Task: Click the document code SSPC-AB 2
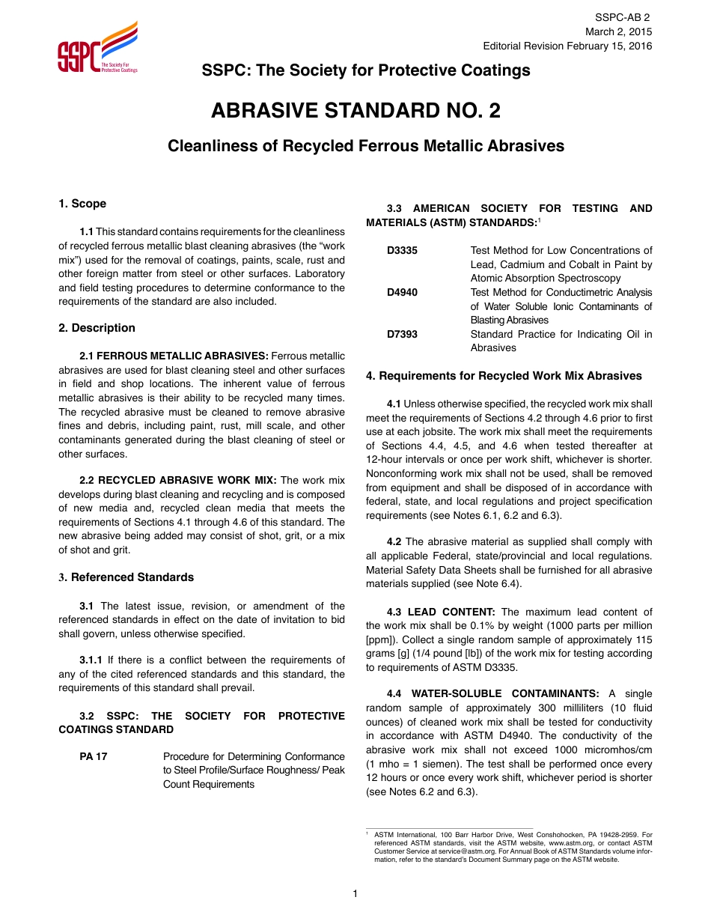[623, 17]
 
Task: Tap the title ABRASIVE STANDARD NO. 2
[355, 111]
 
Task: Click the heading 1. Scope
[82, 204]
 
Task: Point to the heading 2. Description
[97, 328]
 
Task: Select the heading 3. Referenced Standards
[126, 577]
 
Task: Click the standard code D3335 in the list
[403, 251]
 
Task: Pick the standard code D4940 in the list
[403, 293]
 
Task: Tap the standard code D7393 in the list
[403, 335]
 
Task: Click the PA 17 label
[94, 757]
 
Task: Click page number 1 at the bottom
[355, 893]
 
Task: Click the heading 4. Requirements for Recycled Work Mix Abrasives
[504, 376]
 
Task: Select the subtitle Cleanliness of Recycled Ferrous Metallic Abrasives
[366, 146]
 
